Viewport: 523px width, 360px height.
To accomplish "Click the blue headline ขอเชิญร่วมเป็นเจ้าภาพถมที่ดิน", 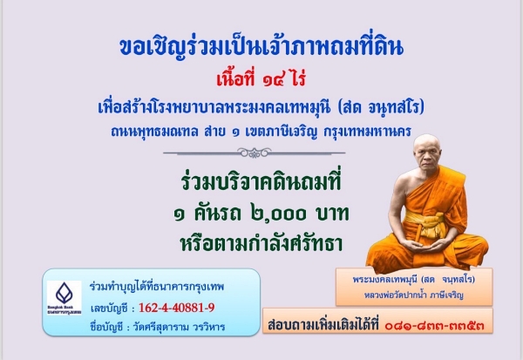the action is [x=261, y=47].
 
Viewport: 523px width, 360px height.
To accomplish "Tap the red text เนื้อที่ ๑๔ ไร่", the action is [x=261, y=79].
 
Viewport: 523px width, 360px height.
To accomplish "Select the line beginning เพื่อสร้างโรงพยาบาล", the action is [x=261, y=107].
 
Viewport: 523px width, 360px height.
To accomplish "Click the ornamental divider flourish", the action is [x=255, y=153].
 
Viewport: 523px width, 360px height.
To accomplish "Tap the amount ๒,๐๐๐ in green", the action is [x=278, y=214].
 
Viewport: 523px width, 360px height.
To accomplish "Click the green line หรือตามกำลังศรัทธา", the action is [x=261, y=243].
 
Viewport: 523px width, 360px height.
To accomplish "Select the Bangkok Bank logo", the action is [x=65, y=297].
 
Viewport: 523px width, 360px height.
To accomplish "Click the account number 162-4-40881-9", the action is [x=176, y=308].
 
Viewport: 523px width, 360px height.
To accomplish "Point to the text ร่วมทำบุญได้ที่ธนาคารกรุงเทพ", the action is [x=157, y=287].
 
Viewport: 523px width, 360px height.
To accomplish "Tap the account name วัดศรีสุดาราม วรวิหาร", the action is [x=179, y=327].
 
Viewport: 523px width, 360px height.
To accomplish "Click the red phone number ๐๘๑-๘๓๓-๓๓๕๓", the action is [x=434, y=324].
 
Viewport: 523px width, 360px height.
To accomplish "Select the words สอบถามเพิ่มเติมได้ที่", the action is [x=323, y=324].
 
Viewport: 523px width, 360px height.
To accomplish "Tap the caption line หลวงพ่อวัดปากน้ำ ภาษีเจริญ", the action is [x=414, y=295].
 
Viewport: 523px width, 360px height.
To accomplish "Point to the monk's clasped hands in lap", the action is [x=427, y=248].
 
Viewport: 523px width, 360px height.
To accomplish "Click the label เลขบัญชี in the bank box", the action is [x=109, y=309].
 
